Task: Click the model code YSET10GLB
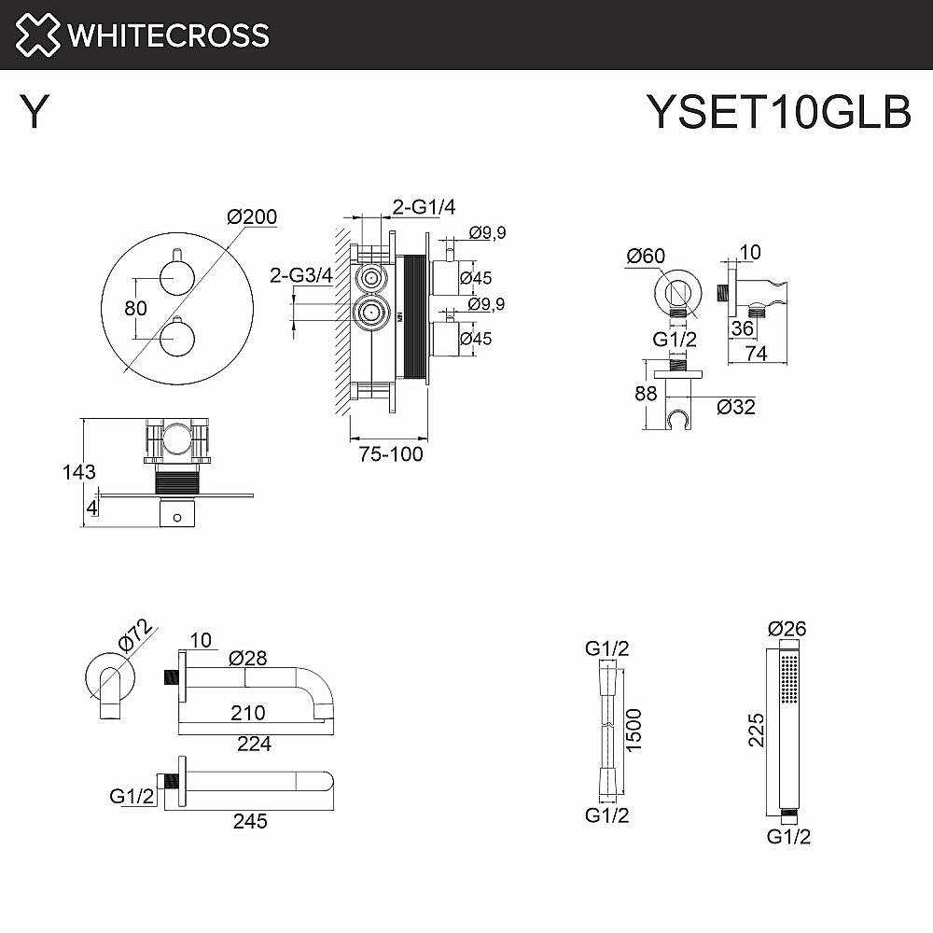tap(779, 113)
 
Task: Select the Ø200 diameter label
tap(252, 216)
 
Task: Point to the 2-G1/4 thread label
tap(423, 207)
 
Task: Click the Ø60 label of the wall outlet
tap(646, 256)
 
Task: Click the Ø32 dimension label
tap(736, 407)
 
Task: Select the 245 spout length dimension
tap(250, 821)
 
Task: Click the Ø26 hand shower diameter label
tap(787, 629)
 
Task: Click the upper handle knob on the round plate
tap(175, 274)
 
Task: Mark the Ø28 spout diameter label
tap(248, 658)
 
